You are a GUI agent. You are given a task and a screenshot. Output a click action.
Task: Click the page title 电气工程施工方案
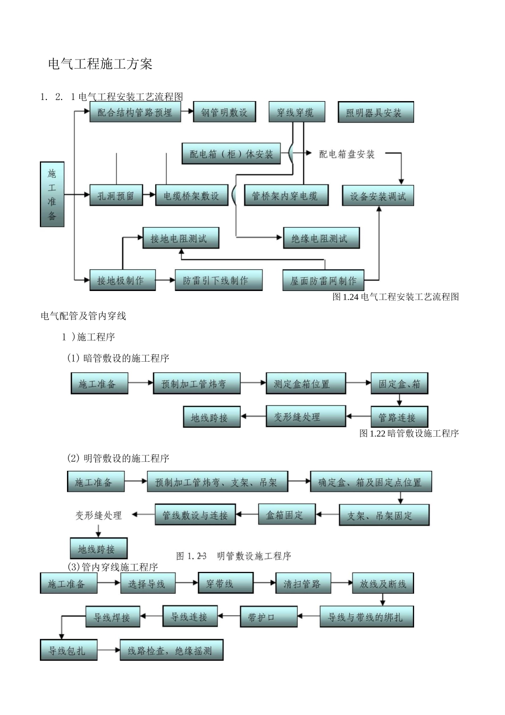point(100,64)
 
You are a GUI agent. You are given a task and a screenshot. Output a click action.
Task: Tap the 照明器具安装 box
point(376,113)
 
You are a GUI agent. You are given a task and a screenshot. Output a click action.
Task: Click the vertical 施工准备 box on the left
point(52,195)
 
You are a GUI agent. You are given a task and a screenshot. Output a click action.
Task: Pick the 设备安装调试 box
point(377,196)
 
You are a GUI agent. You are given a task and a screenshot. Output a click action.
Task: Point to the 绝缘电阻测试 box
point(321,238)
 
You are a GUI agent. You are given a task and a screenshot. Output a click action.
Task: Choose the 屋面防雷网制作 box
point(323,280)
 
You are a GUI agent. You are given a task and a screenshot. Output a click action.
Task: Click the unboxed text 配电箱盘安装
point(347,154)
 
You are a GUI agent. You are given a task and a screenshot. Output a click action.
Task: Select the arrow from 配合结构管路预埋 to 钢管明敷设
point(188,112)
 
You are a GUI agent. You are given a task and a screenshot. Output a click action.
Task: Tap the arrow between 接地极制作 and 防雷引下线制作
point(166,279)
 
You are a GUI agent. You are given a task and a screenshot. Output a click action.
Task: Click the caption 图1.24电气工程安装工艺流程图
point(395,297)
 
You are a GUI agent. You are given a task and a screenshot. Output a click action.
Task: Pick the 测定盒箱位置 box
point(305,384)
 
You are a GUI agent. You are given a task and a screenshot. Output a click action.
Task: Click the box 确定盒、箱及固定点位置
point(371,482)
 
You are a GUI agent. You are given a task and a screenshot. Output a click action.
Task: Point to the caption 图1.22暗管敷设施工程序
point(409,434)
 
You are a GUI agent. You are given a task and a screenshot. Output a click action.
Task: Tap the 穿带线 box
point(225,583)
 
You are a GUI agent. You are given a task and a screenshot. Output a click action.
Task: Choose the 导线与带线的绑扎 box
point(366,617)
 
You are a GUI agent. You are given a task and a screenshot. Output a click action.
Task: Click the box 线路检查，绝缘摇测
point(171,650)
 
